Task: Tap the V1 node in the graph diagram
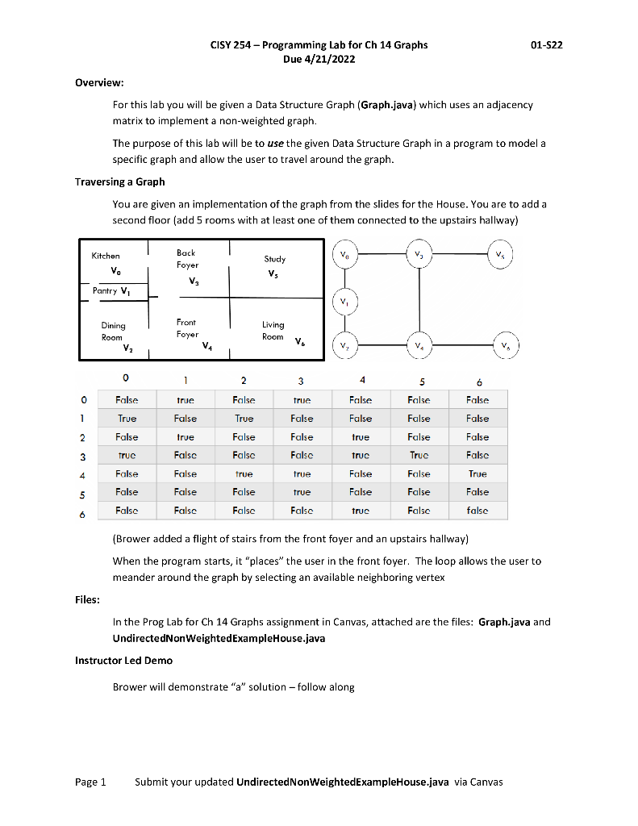(x=345, y=302)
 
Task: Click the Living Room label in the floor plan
(x=274, y=331)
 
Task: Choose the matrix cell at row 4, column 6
(x=477, y=473)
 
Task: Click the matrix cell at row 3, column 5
(x=419, y=455)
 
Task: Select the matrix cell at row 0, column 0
(x=127, y=400)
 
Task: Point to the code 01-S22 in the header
(x=546, y=45)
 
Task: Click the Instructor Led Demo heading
(x=123, y=661)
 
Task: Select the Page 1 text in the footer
(x=90, y=782)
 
